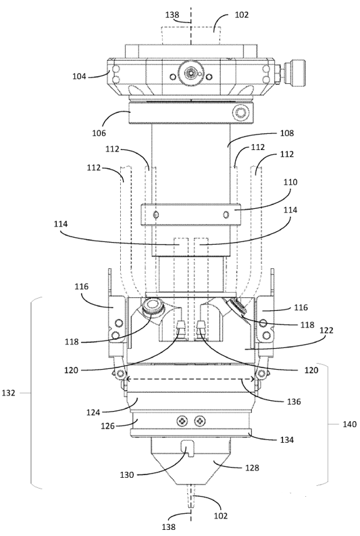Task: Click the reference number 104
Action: point(79,76)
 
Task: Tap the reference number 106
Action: point(99,132)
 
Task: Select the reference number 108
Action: point(287,133)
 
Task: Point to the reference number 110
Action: point(290,182)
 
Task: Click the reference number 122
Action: point(326,331)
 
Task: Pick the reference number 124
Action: point(93,412)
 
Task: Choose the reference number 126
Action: point(108,426)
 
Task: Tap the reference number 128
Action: point(252,468)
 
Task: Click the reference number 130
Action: point(127,474)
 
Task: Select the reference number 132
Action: point(9,393)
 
